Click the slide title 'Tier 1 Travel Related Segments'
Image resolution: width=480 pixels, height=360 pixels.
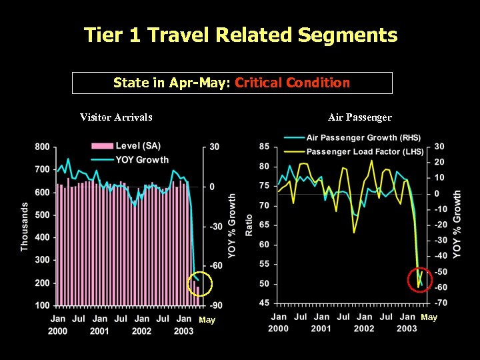(240, 35)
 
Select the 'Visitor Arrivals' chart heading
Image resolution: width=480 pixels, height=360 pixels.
(116, 117)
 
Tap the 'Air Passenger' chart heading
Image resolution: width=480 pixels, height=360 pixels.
(360, 117)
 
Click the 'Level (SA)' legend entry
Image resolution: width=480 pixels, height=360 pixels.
(137, 146)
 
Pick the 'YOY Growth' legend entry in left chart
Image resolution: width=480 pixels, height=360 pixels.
(141, 159)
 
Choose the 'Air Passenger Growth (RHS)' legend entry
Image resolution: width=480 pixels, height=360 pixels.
(363, 138)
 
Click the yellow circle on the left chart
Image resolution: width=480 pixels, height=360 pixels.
(199, 285)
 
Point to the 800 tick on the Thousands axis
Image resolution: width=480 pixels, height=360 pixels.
(42, 147)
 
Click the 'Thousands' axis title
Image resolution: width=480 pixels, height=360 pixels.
(25, 227)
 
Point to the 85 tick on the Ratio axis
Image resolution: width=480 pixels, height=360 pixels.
(264, 147)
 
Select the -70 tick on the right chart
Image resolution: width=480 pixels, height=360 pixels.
(441, 303)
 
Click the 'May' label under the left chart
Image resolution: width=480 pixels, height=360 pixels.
(207, 320)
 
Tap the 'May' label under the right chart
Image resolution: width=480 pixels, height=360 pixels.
(429, 317)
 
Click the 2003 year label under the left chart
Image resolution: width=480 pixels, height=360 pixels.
(183, 331)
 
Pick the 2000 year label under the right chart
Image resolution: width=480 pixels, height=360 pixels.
(278, 329)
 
